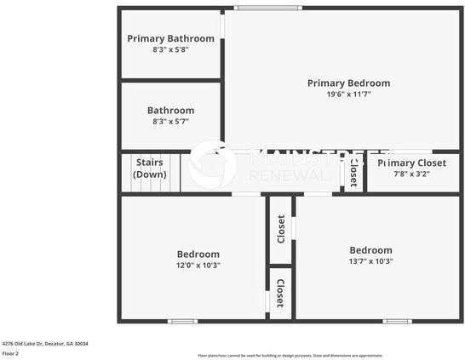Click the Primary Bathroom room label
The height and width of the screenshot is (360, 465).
(x=170, y=38)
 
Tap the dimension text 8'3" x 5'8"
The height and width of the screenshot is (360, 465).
(x=170, y=49)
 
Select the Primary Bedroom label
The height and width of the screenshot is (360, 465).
(x=348, y=83)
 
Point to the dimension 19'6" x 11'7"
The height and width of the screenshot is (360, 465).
(x=348, y=94)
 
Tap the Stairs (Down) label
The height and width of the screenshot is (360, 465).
(x=150, y=168)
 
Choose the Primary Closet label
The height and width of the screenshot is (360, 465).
(x=412, y=163)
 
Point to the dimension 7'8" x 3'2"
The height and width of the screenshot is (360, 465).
(x=412, y=174)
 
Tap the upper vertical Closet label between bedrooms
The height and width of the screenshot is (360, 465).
(x=280, y=228)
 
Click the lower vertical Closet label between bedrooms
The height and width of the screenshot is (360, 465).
(x=279, y=293)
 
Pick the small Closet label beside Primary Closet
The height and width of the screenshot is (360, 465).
(x=353, y=173)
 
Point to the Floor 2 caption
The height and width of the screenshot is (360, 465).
(x=10, y=353)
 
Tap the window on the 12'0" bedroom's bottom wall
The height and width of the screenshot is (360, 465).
(x=182, y=321)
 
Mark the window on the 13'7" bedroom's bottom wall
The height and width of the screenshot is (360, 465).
(x=397, y=321)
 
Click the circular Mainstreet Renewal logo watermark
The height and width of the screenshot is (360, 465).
(x=212, y=165)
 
